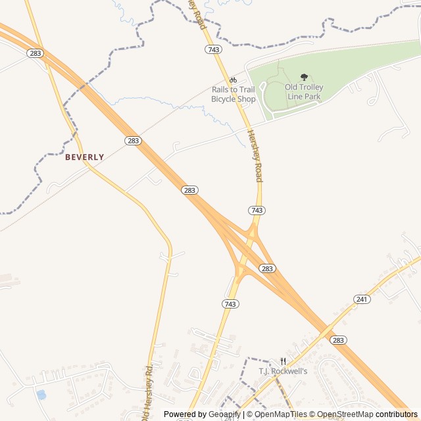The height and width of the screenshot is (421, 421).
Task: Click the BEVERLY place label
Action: pyautogui.click(x=84, y=157)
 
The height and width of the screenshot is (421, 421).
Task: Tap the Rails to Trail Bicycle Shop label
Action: pyautogui.click(x=233, y=94)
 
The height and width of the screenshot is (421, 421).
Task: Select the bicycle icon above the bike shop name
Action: pyautogui.click(x=233, y=80)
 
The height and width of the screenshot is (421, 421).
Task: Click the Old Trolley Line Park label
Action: pyautogui.click(x=304, y=91)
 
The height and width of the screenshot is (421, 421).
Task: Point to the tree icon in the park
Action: pyautogui.click(x=304, y=78)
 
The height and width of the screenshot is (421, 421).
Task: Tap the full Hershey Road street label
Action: pyautogui.click(x=255, y=155)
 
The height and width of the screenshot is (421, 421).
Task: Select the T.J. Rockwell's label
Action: pyautogui.click(x=283, y=371)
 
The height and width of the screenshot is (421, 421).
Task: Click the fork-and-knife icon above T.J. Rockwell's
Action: pyautogui.click(x=283, y=361)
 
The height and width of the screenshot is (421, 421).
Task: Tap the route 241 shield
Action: pyautogui.click(x=362, y=299)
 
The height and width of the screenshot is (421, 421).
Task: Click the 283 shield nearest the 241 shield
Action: pyautogui.click(x=338, y=340)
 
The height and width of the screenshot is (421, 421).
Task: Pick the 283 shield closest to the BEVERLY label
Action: pyautogui.click(x=133, y=141)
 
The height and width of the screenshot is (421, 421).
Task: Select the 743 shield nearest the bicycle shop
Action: pyautogui.click(x=212, y=49)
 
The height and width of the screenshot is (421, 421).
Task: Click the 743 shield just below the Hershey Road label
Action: pyautogui.click(x=257, y=210)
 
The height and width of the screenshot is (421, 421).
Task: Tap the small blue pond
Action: pyautogui.click(x=41, y=395)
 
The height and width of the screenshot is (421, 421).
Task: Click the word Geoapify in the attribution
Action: pyautogui.click(x=225, y=414)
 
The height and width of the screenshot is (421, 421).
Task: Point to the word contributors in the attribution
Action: pyautogui.click(x=397, y=414)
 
